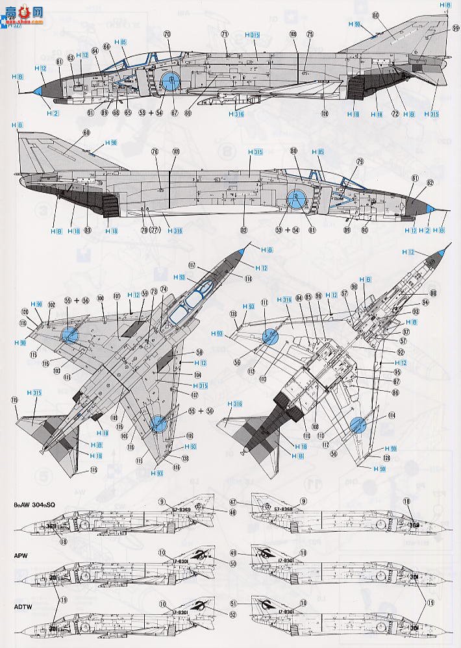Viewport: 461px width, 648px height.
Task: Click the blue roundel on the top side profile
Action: (x=170, y=81)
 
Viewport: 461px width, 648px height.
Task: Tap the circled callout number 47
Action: (x=250, y=503)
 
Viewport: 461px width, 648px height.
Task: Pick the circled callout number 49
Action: (x=250, y=553)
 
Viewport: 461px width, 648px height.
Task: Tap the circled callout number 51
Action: (x=250, y=603)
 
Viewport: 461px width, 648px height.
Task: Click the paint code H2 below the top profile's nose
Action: (x=53, y=113)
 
